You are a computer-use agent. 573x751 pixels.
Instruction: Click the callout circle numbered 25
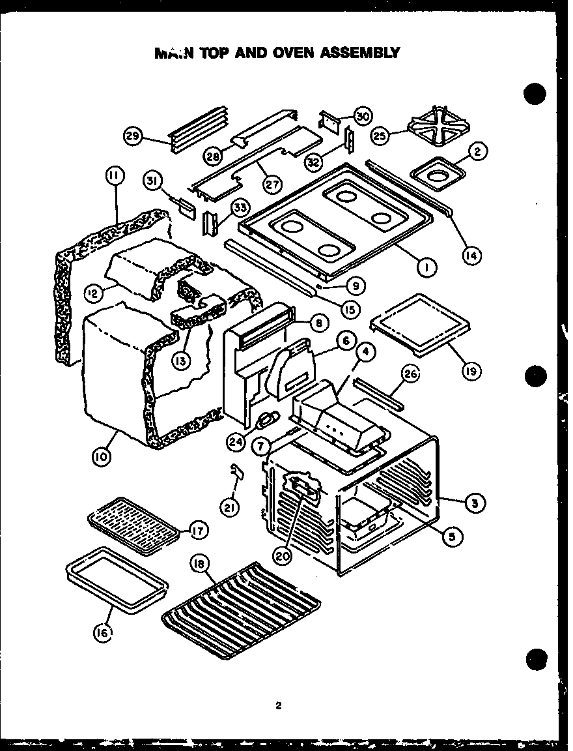pos(380,136)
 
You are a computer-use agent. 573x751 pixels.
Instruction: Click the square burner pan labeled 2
pos(438,174)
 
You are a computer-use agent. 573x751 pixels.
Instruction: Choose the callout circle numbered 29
pos(133,136)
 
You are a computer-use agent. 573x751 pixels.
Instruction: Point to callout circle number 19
pos(471,371)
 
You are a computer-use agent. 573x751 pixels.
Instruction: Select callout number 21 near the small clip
pos(228,507)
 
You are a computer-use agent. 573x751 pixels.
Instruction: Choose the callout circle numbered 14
pos(471,256)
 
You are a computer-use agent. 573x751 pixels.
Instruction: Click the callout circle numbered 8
pos(318,322)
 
